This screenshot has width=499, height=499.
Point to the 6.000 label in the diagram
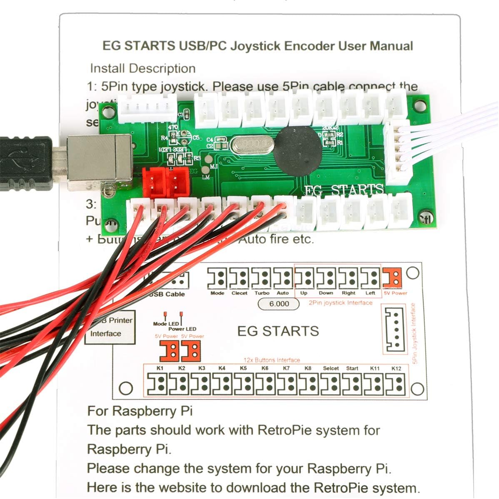tap(279, 304)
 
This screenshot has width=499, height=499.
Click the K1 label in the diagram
tap(160, 368)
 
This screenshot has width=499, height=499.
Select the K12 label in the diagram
tap(396, 368)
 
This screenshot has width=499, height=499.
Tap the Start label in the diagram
tap(352, 368)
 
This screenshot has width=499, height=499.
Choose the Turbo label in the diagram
tap(262, 293)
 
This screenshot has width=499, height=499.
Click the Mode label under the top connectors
tap(217, 293)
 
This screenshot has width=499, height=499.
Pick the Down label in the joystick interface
tap(326, 293)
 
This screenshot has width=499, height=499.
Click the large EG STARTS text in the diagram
tap(278, 331)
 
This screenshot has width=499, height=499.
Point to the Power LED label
tap(182, 329)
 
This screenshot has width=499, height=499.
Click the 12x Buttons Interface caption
tap(272, 360)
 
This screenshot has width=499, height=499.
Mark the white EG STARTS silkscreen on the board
tap(344, 190)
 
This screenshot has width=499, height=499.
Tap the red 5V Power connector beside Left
tap(392, 278)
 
